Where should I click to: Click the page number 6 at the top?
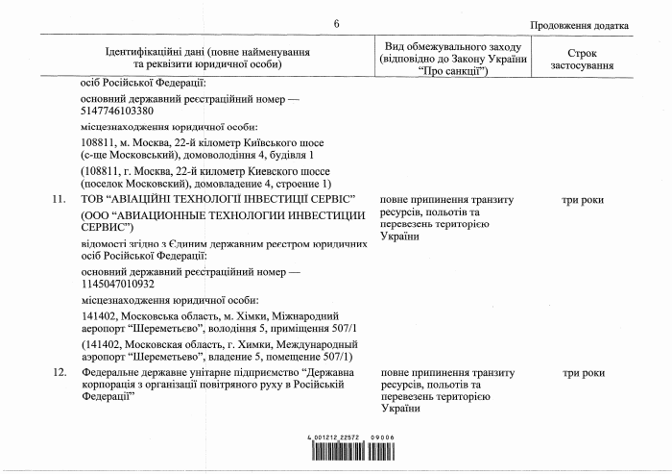pyautogui.click(x=336, y=24)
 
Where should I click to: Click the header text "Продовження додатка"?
pyautogui.click(x=580, y=26)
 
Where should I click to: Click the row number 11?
pyautogui.click(x=60, y=200)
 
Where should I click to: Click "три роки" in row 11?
pyautogui.click(x=583, y=200)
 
